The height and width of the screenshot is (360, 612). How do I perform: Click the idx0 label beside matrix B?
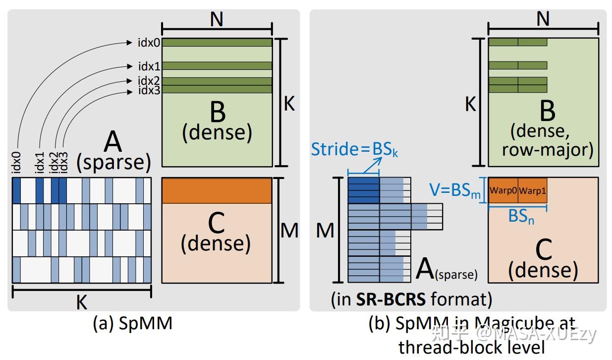pos(149,43)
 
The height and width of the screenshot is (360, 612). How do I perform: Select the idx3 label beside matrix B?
pos(149,90)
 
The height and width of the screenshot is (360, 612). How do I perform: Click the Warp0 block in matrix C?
pos(503,190)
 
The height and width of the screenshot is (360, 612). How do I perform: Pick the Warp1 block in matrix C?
pos(533,190)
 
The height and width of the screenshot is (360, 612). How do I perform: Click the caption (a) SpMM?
pos(132,323)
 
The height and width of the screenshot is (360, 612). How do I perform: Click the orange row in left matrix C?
pos(217,190)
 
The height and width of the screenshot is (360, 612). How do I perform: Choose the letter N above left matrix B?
pos(217,19)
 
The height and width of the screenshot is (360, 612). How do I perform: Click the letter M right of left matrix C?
pos(289,231)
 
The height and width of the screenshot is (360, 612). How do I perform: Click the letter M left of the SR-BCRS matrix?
pos(325,231)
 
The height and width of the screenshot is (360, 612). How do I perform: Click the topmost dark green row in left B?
pos(217,43)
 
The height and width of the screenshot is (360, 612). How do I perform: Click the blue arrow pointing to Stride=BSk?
pos(373,164)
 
